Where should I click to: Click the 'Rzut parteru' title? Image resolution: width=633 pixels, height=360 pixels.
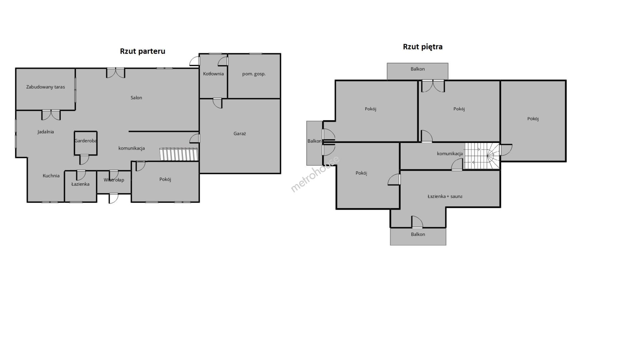pyautogui.click(x=142, y=51)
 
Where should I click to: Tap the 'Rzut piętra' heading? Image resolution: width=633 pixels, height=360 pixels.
pyautogui.click(x=423, y=47)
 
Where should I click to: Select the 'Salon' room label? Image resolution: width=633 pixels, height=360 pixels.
pyautogui.click(x=136, y=98)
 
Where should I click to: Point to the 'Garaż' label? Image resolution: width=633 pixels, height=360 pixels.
pyautogui.click(x=239, y=134)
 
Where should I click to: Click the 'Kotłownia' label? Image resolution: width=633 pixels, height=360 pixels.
pyautogui.click(x=213, y=74)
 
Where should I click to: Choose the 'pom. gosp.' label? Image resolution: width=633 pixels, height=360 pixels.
pyautogui.click(x=254, y=74)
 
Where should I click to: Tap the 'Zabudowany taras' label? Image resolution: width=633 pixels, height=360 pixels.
pyautogui.click(x=46, y=87)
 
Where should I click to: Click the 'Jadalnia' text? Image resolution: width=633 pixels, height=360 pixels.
pyautogui.click(x=46, y=132)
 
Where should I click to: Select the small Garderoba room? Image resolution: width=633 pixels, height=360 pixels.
pyautogui.click(x=86, y=143)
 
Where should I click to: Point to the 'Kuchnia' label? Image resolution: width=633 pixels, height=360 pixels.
pyautogui.click(x=51, y=176)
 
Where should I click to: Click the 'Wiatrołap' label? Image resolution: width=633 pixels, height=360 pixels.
pyautogui.click(x=114, y=180)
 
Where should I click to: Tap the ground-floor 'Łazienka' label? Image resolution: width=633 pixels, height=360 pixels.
pyautogui.click(x=80, y=184)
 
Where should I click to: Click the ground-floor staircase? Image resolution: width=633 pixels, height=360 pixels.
pyautogui.click(x=179, y=154)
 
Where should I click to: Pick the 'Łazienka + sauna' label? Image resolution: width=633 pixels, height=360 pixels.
pyautogui.click(x=445, y=196)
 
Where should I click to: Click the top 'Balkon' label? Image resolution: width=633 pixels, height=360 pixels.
pyautogui.click(x=418, y=69)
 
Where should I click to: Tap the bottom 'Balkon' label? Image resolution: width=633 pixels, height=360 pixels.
pyautogui.click(x=418, y=234)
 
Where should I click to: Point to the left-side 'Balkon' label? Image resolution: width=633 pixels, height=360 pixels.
pyautogui.click(x=314, y=141)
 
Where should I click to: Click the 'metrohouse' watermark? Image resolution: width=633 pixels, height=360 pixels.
pyautogui.click(x=315, y=174)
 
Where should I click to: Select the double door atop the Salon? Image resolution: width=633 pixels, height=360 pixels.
pyautogui.click(x=116, y=73)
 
